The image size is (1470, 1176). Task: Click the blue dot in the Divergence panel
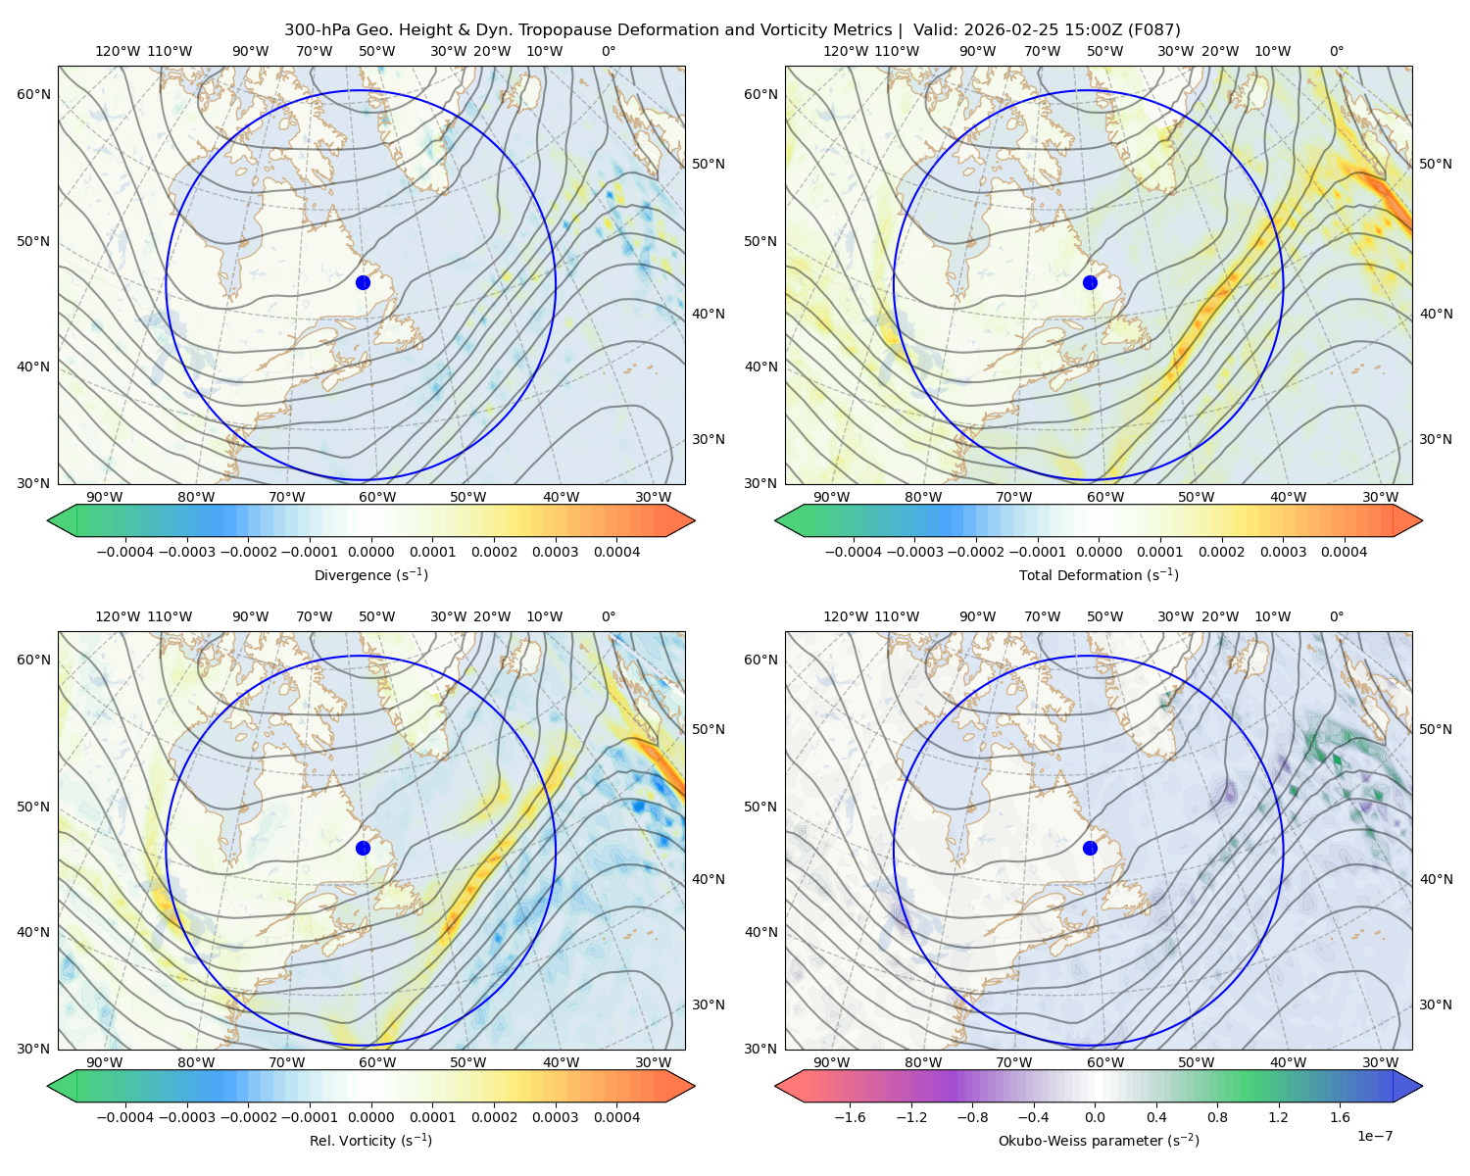click(x=363, y=282)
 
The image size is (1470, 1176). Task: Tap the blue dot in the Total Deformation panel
click(x=1090, y=282)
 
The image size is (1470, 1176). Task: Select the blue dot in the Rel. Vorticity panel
click(x=363, y=848)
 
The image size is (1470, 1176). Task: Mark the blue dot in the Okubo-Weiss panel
click(x=1090, y=848)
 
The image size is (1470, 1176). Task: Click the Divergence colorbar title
click(x=370, y=574)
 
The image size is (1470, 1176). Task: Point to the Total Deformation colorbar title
click(x=1099, y=574)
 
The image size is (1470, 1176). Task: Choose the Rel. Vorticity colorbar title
click(x=370, y=1140)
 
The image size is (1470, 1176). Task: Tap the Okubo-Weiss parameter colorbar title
click(x=1099, y=1140)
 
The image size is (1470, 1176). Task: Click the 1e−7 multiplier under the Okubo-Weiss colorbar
click(x=1374, y=1136)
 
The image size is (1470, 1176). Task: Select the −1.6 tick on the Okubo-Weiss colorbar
click(x=850, y=1116)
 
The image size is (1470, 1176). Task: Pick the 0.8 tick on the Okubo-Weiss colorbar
click(x=1217, y=1116)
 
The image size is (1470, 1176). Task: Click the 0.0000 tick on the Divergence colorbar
click(x=370, y=552)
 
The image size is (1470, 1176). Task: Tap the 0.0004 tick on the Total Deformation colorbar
click(x=1344, y=552)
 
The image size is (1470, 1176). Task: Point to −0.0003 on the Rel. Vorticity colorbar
click(x=186, y=1116)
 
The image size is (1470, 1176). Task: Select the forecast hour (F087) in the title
click(x=1154, y=30)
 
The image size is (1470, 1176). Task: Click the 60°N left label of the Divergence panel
click(x=33, y=94)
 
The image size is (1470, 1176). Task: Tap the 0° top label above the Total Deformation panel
click(x=1336, y=51)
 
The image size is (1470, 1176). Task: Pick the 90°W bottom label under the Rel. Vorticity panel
click(x=105, y=1062)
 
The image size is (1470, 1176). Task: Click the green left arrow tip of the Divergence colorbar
click(x=48, y=520)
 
